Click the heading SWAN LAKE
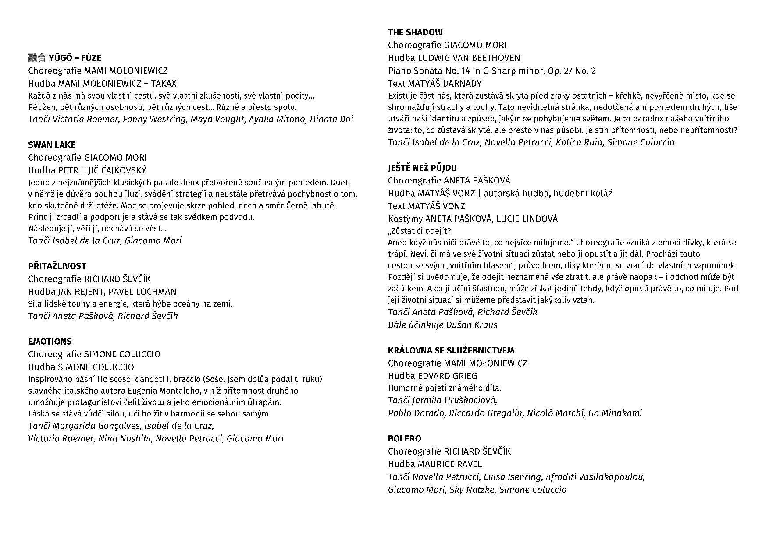[x=52, y=145]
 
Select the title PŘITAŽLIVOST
[x=57, y=266]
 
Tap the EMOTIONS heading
[x=50, y=342]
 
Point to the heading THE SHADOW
[x=415, y=32]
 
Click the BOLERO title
[x=405, y=439]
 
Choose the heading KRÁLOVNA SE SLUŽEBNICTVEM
[x=451, y=350]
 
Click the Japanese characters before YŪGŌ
[x=37, y=58]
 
